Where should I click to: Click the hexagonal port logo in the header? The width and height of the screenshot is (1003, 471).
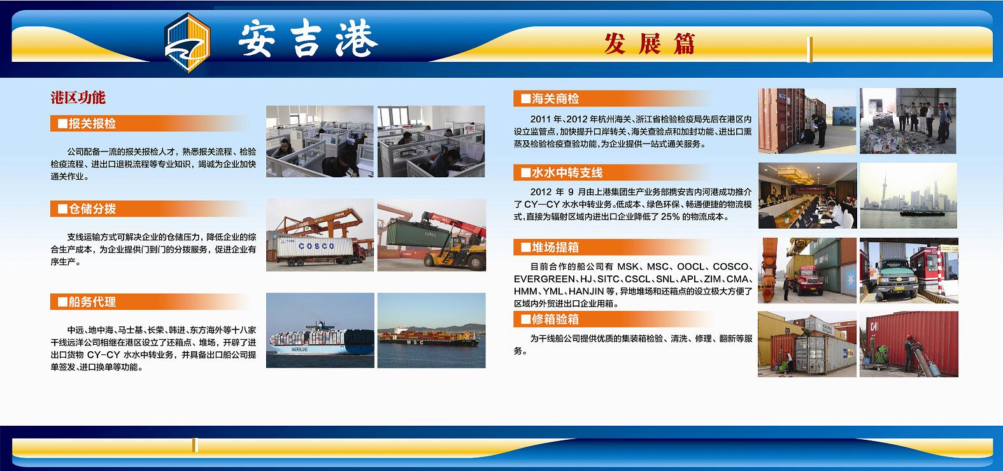pyautogui.click(x=187, y=43)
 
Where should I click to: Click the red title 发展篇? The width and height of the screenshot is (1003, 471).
pyautogui.click(x=650, y=44)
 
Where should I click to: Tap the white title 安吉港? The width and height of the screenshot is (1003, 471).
pyautogui.click(x=308, y=38)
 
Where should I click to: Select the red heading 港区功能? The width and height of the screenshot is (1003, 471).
pyautogui.click(x=78, y=98)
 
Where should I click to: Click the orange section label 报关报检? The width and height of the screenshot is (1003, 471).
pyautogui.click(x=92, y=124)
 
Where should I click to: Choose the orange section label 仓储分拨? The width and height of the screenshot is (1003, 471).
pyautogui.click(x=92, y=209)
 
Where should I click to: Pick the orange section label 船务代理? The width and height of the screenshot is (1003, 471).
pyautogui.click(x=92, y=302)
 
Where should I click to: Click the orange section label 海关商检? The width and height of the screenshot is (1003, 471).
pyautogui.click(x=555, y=99)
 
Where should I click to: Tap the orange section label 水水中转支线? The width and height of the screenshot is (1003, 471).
pyautogui.click(x=567, y=173)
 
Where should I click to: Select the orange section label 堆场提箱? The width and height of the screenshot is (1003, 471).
pyautogui.click(x=555, y=247)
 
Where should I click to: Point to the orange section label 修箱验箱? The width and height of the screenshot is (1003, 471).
pyautogui.click(x=555, y=319)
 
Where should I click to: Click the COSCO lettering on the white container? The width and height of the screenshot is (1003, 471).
pyautogui.click(x=316, y=246)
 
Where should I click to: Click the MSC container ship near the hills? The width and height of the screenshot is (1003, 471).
pyautogui.click(x=429, y=338)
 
